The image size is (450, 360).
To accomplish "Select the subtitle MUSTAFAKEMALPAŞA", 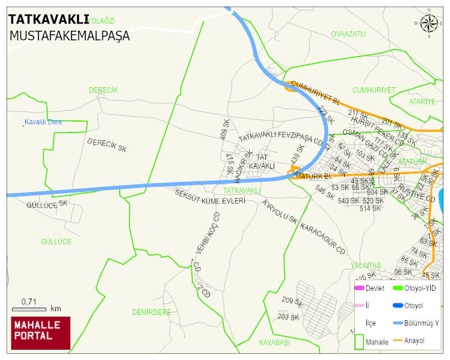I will tap(69, 36).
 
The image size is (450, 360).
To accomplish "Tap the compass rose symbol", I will tap(429, 23).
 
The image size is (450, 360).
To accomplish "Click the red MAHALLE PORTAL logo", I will tap(41, 333).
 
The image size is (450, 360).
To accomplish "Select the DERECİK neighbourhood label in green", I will tap(103, 90).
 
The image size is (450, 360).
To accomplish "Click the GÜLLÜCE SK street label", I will tap(47, 205).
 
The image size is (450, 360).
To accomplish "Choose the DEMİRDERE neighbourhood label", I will tap(152, 312).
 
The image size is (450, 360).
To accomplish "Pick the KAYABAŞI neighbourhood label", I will tap(274, 342).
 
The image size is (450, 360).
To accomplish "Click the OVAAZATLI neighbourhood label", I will tap(348, 34).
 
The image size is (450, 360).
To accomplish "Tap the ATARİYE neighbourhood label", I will tap(422, 102).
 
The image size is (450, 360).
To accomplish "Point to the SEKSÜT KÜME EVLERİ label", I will tap(210, 197).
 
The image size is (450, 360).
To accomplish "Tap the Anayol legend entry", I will tap(414, 341).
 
